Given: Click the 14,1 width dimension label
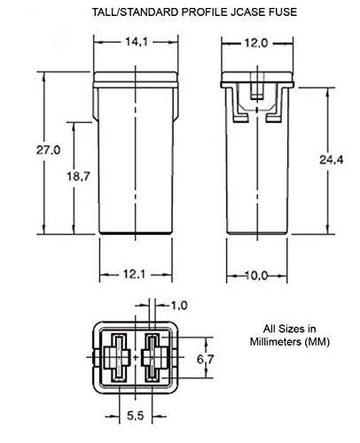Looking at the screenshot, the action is tap(137, 43).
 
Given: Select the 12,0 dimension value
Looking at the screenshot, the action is tap(256, 43).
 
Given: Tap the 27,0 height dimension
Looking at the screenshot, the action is tap(48, 150).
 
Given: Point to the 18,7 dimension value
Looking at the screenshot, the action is tap(78, 176).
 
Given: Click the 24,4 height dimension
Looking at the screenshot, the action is tap(332, 159).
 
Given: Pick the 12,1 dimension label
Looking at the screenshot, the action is tap(134, 275).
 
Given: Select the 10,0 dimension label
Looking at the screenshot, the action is tap(256, 276).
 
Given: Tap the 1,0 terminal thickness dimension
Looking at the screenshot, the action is tap(179, 306).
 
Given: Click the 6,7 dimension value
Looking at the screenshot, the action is tap(205, 360).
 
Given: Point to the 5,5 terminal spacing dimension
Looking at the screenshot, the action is tap(136, 416).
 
